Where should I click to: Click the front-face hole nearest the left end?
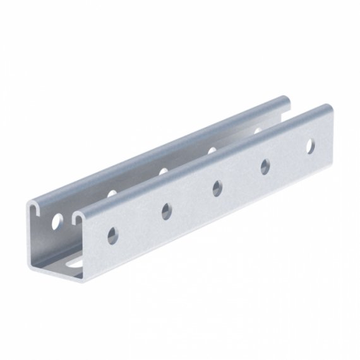[113, 236]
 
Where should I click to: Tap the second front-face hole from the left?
[167, 211]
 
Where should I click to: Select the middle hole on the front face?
[217, 188]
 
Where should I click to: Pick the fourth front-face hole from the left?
[265, 166]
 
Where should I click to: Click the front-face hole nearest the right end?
[310, 146]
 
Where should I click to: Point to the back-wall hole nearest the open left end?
[57, 221]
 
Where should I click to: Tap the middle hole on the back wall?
[163, 171]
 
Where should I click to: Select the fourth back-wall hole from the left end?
[212, 150]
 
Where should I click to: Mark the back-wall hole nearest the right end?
[257, 131]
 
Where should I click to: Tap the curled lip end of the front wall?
[80, 218]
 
